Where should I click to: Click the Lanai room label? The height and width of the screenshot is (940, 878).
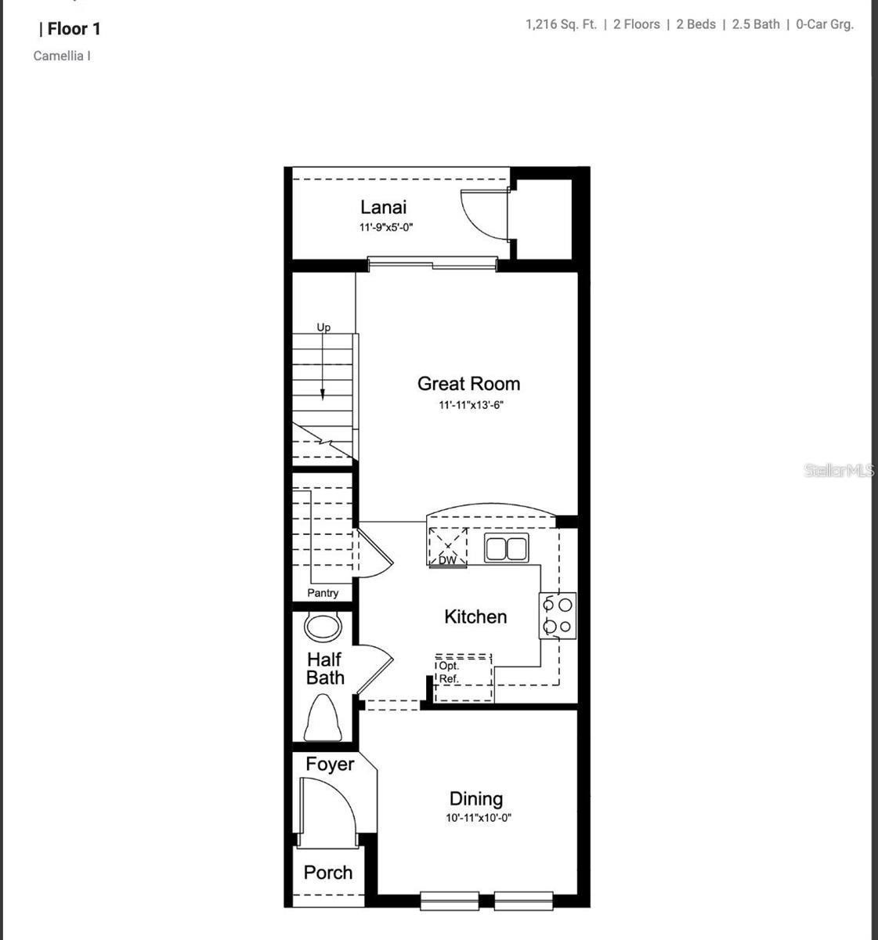pyautogui.click(x=383, y=208)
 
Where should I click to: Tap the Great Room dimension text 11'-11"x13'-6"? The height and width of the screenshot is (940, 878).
pyautogui.click(x=471, y=405)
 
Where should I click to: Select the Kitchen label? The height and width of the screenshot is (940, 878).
pyautogui.click(x=475, y=616)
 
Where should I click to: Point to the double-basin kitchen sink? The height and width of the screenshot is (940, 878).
pyautogui.click(x=507, y=548)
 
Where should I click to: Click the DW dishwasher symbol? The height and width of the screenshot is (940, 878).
pyautogui.click(x=448, y=547)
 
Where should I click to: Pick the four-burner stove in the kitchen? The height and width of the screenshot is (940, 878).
pyautogui.click(x=558, y=616)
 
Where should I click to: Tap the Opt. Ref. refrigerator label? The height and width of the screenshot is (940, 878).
pyautogui.click(x=449, y=672)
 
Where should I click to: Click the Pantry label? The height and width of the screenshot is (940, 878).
pyautogui.click(x=323, y=593)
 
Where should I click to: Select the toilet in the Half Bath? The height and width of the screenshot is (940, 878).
pyautogui.click(x=323, y=719)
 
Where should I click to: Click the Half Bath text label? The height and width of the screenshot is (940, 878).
pyautogui.click(x=325, y=669)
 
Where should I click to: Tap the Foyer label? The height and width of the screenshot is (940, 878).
pyautogui.click(x=330, y=764)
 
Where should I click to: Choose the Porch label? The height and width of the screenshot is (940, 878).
pyautogui.click(x=328, y=873)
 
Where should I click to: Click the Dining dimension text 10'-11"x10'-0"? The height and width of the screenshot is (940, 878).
pyautogui.click(x=479, y=818)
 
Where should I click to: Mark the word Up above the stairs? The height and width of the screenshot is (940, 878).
pyautogui.click(x=323, y=327)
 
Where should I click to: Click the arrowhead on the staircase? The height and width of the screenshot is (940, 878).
pyautogui.click(x=323, y=394)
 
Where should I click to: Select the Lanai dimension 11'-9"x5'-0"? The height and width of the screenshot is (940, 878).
pyautogui.click(x=386, y=228)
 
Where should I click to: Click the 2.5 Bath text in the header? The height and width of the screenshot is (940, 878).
pyautogui.click(x=756, y=24)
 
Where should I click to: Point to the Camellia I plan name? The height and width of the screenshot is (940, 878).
pyautogui.click(x=62, y=56)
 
